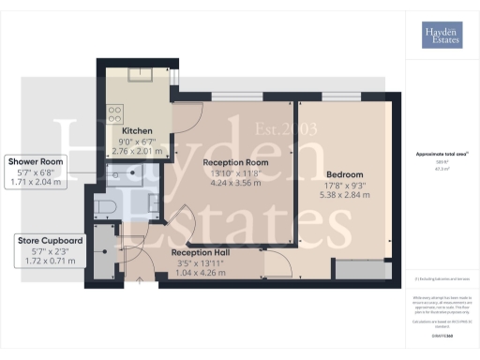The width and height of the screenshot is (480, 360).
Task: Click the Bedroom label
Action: (x=342, y=174)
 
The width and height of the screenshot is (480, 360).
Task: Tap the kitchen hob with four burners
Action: (x=113, y=117)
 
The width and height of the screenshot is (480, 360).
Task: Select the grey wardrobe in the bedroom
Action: (x=359, y=270)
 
